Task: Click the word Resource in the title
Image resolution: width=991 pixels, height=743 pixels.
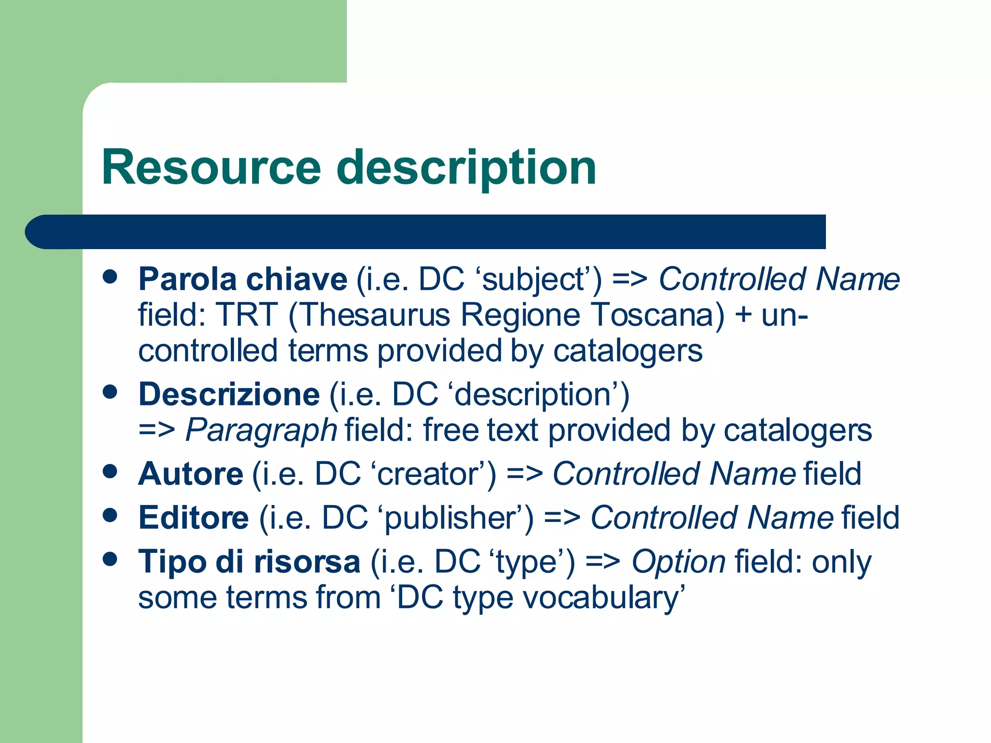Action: tap(211, 167)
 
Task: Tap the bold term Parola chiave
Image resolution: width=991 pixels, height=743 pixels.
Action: tap(242, 279)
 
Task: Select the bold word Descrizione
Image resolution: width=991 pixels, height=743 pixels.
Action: tap(229, 394)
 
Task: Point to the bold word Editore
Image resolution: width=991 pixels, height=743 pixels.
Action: tap(194, 517)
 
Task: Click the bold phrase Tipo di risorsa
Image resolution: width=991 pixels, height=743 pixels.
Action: tap(249, 562)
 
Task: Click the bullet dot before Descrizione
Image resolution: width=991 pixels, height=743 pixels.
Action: tap(110, 392)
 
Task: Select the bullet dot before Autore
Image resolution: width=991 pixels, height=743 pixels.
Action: tap(110, 471)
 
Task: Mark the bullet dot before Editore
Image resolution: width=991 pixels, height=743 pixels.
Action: tap(110, 515)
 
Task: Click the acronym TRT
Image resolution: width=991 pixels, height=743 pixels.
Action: tap(247, 315)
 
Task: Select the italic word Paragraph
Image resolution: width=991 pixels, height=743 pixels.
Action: tap(261, 430)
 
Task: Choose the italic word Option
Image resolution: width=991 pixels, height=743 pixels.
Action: tap(678, 562)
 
